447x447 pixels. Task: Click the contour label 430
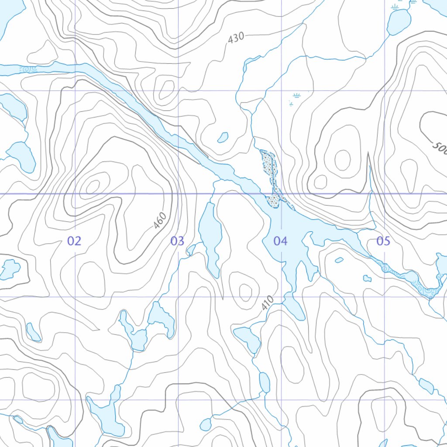click(x=236, y=38)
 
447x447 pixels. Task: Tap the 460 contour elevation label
click(x=160, y=220)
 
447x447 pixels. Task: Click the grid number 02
click(x=74, y=241)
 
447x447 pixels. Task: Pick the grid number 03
click(x=177, y=241)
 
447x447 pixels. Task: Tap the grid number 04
click(x=280, y=241)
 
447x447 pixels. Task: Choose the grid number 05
click(x=383, y=241)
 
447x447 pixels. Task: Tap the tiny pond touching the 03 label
click(x=191, y=250)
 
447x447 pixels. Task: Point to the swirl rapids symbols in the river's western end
click(x=29, y=69)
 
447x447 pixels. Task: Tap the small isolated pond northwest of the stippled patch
click(x=223, y=138)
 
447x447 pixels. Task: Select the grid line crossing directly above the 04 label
click(x=280, y=193)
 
